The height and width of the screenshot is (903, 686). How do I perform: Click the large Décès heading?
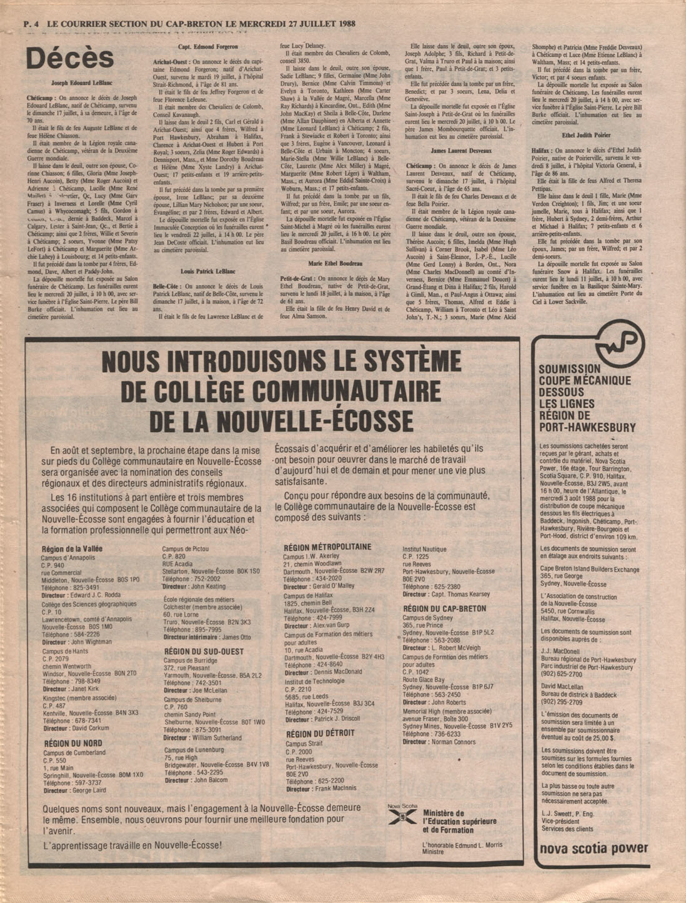point(69,59)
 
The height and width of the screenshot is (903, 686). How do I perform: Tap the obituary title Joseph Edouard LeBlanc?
point(81,82)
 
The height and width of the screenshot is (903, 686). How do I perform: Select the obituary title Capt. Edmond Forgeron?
point(207,48)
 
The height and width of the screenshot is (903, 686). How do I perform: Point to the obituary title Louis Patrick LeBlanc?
point(207,272)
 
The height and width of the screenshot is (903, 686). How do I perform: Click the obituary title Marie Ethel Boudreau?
point(335,264)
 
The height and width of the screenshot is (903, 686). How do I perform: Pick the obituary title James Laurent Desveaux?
point(461,151)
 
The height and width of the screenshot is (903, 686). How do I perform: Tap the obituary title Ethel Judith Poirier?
point(587,135)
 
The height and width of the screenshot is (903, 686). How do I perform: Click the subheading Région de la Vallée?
point(72,548)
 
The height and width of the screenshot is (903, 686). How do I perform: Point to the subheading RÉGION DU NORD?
point(73,744)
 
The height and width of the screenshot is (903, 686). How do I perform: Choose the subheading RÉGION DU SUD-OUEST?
point(204,651)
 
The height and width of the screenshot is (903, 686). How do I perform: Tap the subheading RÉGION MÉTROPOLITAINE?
point(327,547)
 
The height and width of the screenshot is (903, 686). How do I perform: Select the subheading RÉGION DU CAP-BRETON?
point(444,608)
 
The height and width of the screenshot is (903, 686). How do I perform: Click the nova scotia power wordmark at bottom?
point(594,849)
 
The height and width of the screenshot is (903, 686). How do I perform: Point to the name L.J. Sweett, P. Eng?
point(567,813)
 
